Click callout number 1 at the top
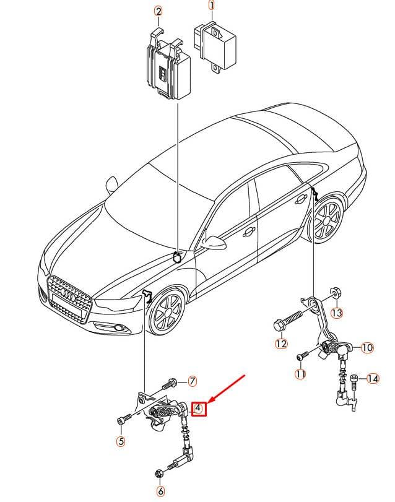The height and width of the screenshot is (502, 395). (x=211, y=6)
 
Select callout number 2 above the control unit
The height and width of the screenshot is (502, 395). (x=158, y=12)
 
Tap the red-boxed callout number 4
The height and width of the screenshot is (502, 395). (x=199, y=408)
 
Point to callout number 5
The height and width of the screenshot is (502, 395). (x=121, y=441)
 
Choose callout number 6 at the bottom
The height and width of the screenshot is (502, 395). (x=161, y=490)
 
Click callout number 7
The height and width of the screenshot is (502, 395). (x=192, y=381)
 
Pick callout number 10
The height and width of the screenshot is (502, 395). (x=367, y=347)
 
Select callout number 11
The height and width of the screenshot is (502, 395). (x=300, y=374)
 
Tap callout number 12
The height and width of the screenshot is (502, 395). (x=281, y=344)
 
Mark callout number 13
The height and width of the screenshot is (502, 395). (x=336, y=313)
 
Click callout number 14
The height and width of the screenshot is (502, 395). (x=373, y=379)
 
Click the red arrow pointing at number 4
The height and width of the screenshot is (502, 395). (x=227, y=387)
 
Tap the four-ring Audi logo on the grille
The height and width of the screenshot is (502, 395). (x=68, y=293)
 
